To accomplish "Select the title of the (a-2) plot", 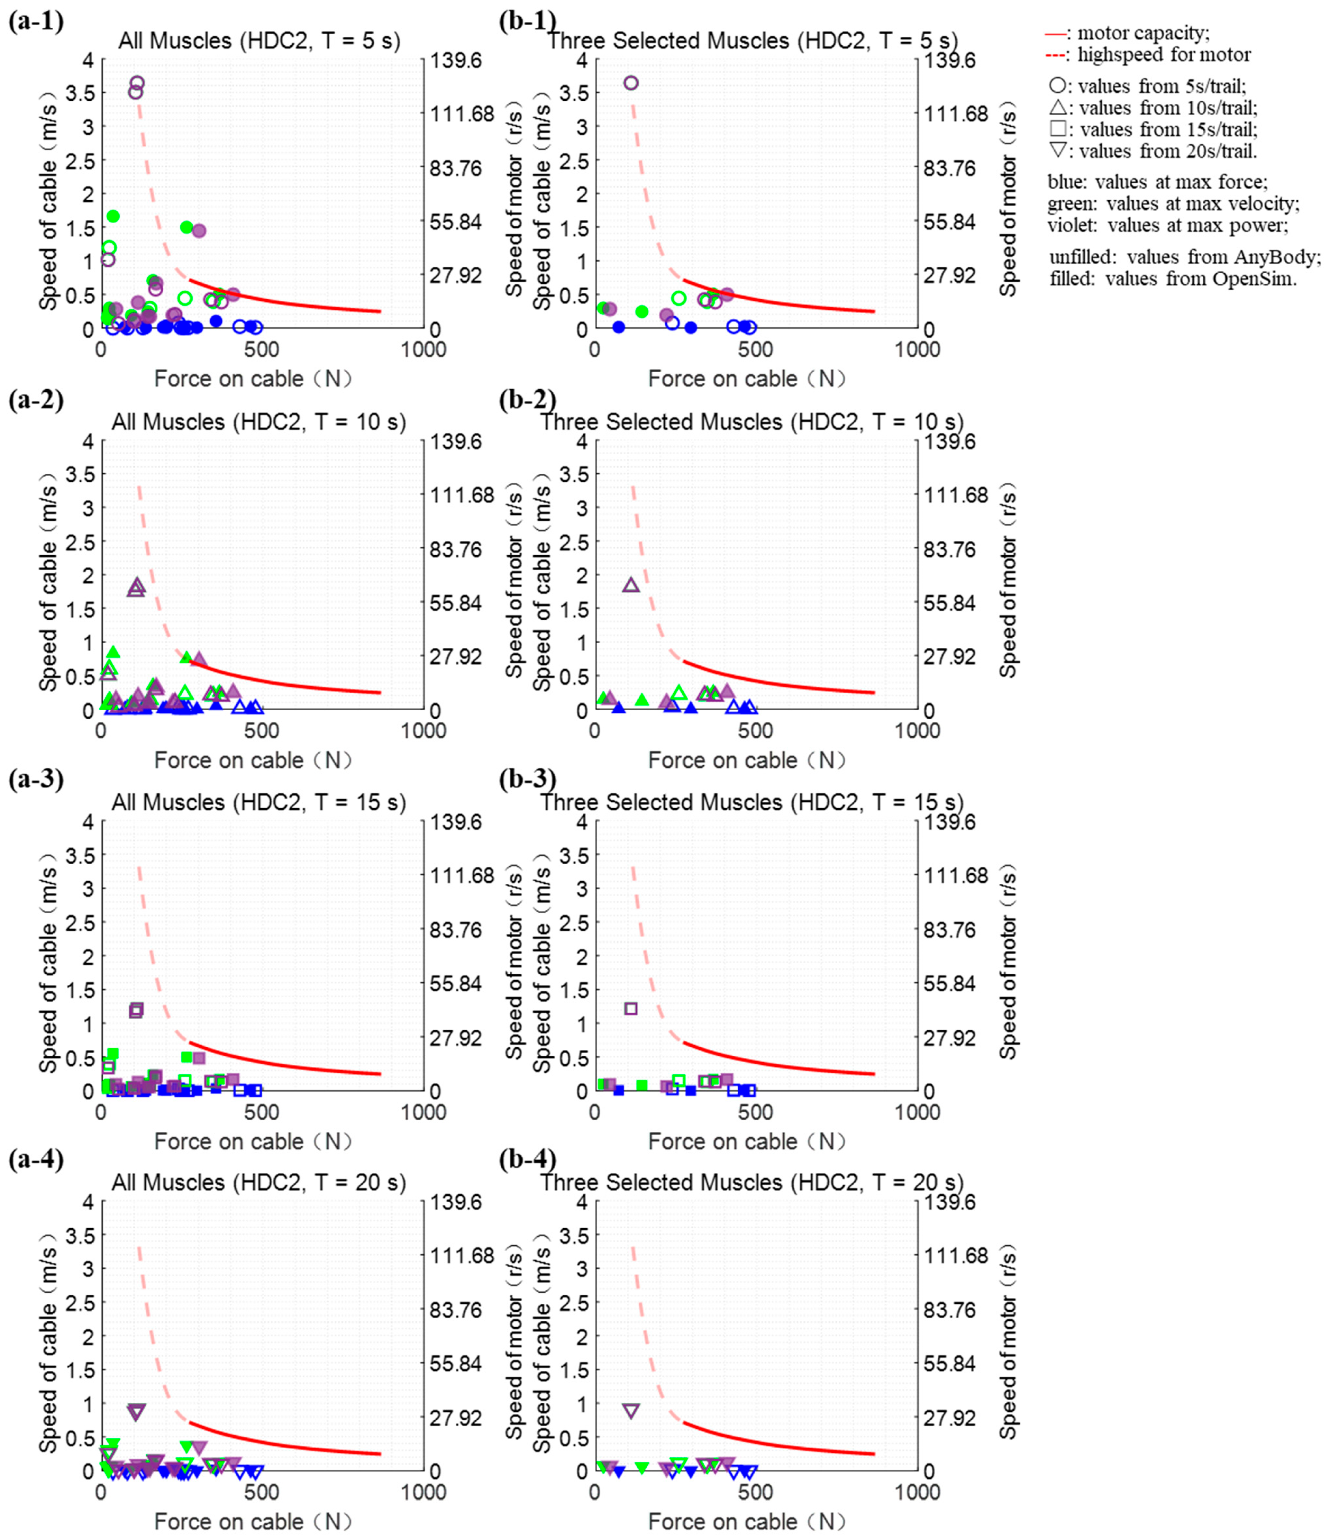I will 258,422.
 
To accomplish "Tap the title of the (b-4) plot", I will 752,1183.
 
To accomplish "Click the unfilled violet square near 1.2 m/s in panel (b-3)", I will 631,1009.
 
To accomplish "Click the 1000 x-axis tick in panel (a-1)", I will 423,350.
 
